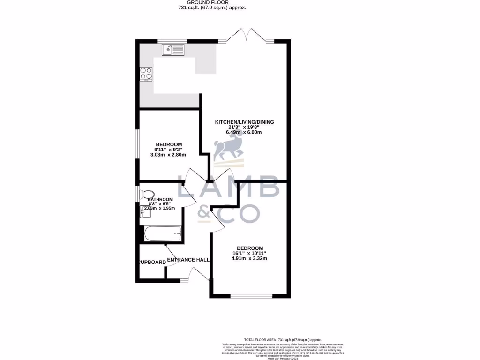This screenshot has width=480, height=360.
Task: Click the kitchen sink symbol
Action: [173, 48]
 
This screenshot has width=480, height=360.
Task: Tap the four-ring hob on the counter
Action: [146, 74]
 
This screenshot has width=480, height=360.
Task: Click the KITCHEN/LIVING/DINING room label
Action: [244, 122]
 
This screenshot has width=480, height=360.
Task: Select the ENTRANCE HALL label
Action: [188, 260]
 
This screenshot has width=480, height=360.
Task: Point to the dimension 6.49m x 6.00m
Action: [244, 132]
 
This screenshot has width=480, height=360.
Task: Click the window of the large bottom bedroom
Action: [251, 296]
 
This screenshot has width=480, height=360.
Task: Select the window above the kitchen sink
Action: [171, 41]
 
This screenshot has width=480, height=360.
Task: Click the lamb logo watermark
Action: [228, 150]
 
